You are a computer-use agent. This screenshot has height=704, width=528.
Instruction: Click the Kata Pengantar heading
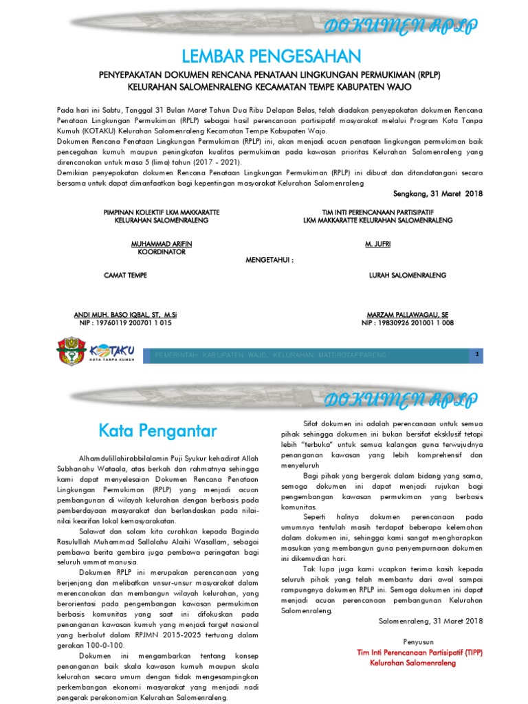(x=157, y=431)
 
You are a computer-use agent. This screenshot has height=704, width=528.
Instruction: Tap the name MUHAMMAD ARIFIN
(x=162, y=244)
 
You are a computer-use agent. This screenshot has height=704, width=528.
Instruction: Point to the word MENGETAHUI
(x=269, y=261)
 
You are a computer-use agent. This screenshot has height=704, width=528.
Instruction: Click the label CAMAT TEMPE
(x=125, y=275)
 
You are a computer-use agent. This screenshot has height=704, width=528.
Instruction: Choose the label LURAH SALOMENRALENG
(x=408, y=275)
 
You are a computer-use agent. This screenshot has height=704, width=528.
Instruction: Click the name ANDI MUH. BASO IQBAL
(x=126, y=314)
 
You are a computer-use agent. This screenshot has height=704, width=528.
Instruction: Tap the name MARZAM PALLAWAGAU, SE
(x=407, y=314)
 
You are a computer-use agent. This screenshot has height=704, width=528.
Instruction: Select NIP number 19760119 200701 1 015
(x=126, y=322)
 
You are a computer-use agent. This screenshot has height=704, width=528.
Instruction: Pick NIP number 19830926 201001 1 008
(x=407, y=322)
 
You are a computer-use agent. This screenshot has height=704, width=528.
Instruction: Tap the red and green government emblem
(x=71, y=351)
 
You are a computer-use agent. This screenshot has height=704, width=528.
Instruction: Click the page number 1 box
(x=476, y=353)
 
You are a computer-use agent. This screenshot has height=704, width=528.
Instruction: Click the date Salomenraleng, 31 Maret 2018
(x=431, y=621)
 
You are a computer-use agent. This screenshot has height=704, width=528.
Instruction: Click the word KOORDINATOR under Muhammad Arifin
(x=162, y=252)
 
